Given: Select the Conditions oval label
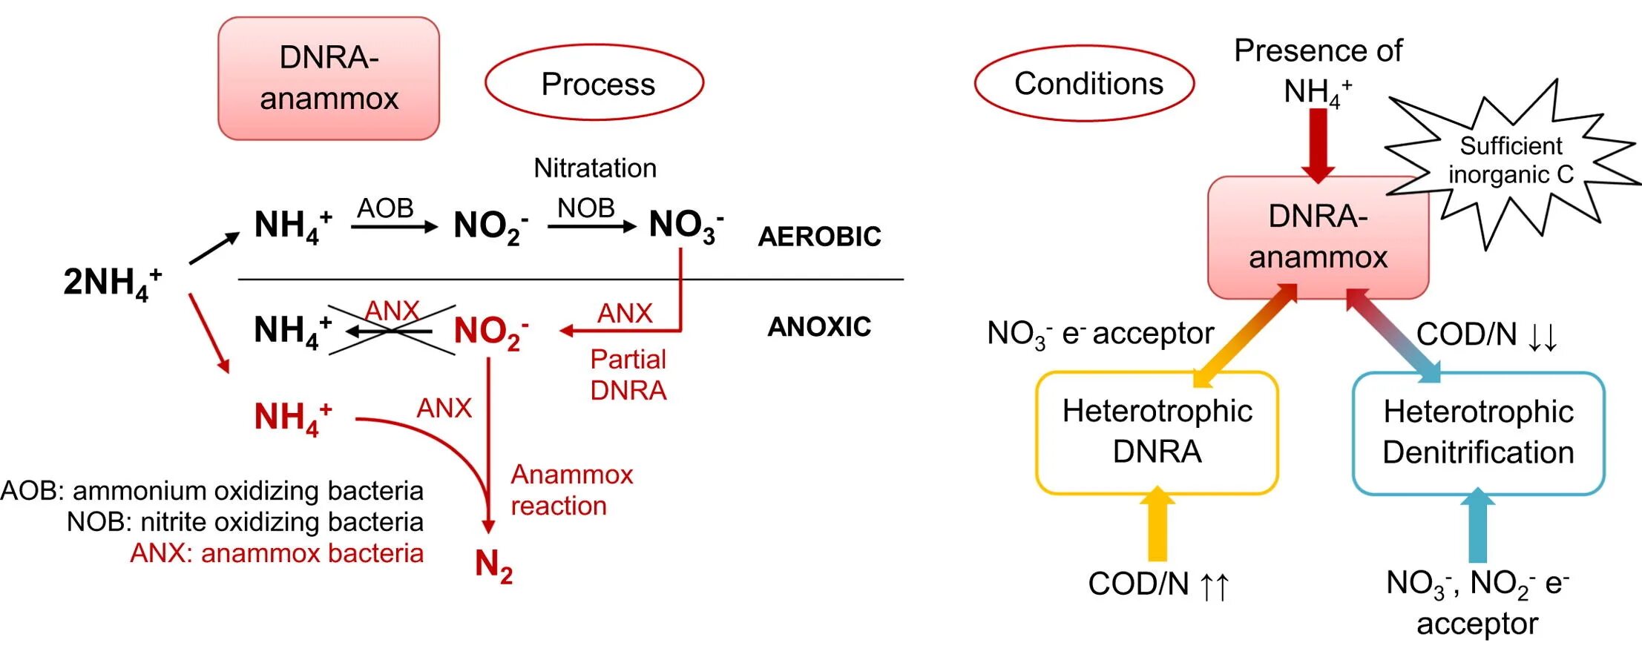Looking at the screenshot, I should coord(1084,83).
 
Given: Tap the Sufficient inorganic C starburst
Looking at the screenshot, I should coord(1511,160).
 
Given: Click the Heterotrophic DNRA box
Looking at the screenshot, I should coord(1157,432).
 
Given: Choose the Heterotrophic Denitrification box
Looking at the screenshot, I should coord(1478,433).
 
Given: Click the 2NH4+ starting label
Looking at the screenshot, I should coord(112,282).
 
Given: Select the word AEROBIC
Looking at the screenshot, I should coord(819,237).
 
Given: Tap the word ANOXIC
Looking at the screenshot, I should coord(819,326).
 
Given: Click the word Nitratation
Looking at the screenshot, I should coord(595,168).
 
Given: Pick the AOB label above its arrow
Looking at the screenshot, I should coord(385,208).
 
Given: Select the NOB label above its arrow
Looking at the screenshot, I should coord(586,208).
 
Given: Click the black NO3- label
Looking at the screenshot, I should coord(686,225).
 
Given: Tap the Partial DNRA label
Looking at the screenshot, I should coord(628,374).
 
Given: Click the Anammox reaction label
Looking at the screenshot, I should coord(571,489).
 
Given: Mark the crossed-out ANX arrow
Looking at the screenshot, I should coord(391,331).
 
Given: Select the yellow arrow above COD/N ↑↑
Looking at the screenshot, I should coord(1157,525).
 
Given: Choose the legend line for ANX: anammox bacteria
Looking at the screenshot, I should coord(277,553).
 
